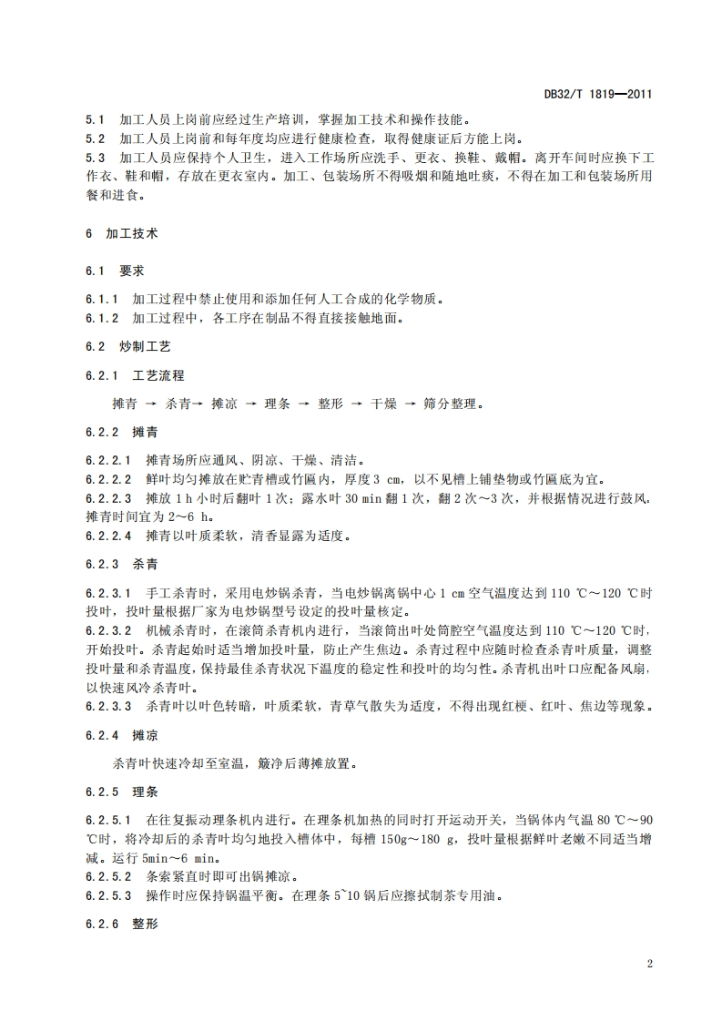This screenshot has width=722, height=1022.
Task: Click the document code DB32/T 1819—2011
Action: tap(597, 94)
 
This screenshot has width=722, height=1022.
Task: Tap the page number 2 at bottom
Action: tap(649, 963)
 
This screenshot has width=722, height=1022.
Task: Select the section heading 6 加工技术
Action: tap(121, 233)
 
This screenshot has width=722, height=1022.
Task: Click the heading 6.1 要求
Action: tap(115, 271)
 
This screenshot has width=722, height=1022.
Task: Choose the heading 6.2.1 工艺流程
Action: tap(133, 375)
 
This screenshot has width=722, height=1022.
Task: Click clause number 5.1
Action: tap(95, 119)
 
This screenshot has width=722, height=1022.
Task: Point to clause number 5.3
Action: tap(95, 158)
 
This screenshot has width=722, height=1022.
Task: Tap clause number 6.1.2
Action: tap(102, 319)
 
